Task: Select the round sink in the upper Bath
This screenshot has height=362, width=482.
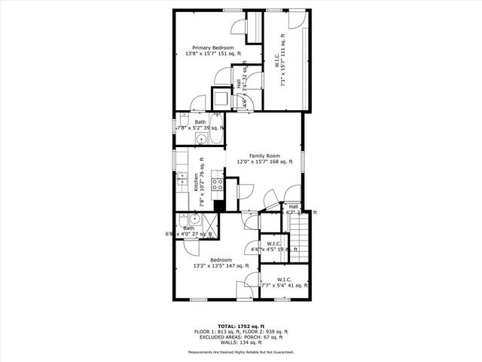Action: pos(182,138)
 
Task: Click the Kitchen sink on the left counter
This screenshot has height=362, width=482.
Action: pos(181,181)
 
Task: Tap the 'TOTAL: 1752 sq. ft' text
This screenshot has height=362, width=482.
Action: pos(242,326)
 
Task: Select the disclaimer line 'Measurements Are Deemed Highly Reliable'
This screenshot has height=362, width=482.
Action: pos(242,352)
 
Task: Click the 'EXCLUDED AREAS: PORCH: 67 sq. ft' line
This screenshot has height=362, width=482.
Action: pos(242,337)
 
